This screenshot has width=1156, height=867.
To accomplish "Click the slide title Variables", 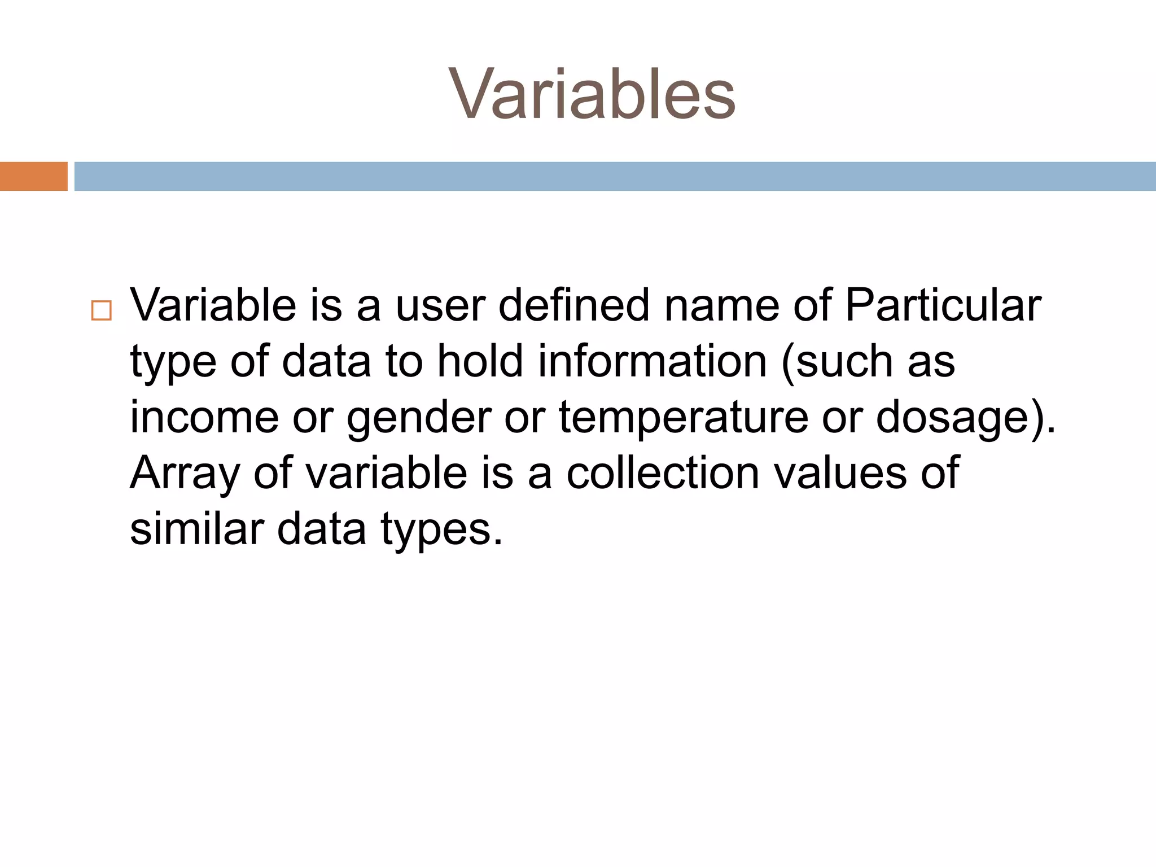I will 592,94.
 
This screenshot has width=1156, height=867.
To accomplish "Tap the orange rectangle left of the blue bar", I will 33,176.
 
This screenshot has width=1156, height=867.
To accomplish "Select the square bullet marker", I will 102,311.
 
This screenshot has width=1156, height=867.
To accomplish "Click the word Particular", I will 942,305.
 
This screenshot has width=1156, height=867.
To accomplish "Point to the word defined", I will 573,305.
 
